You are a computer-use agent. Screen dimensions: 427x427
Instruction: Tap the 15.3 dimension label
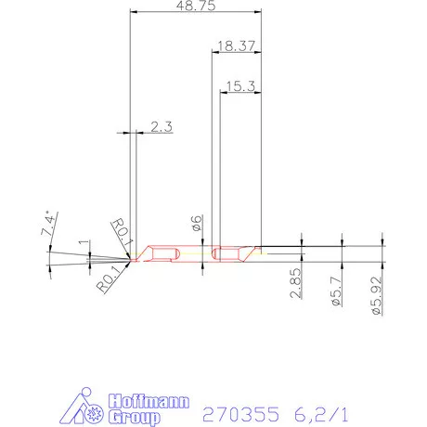tap(239, 85)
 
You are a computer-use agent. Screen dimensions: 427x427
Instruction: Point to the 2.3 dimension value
tap(161, 127)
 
